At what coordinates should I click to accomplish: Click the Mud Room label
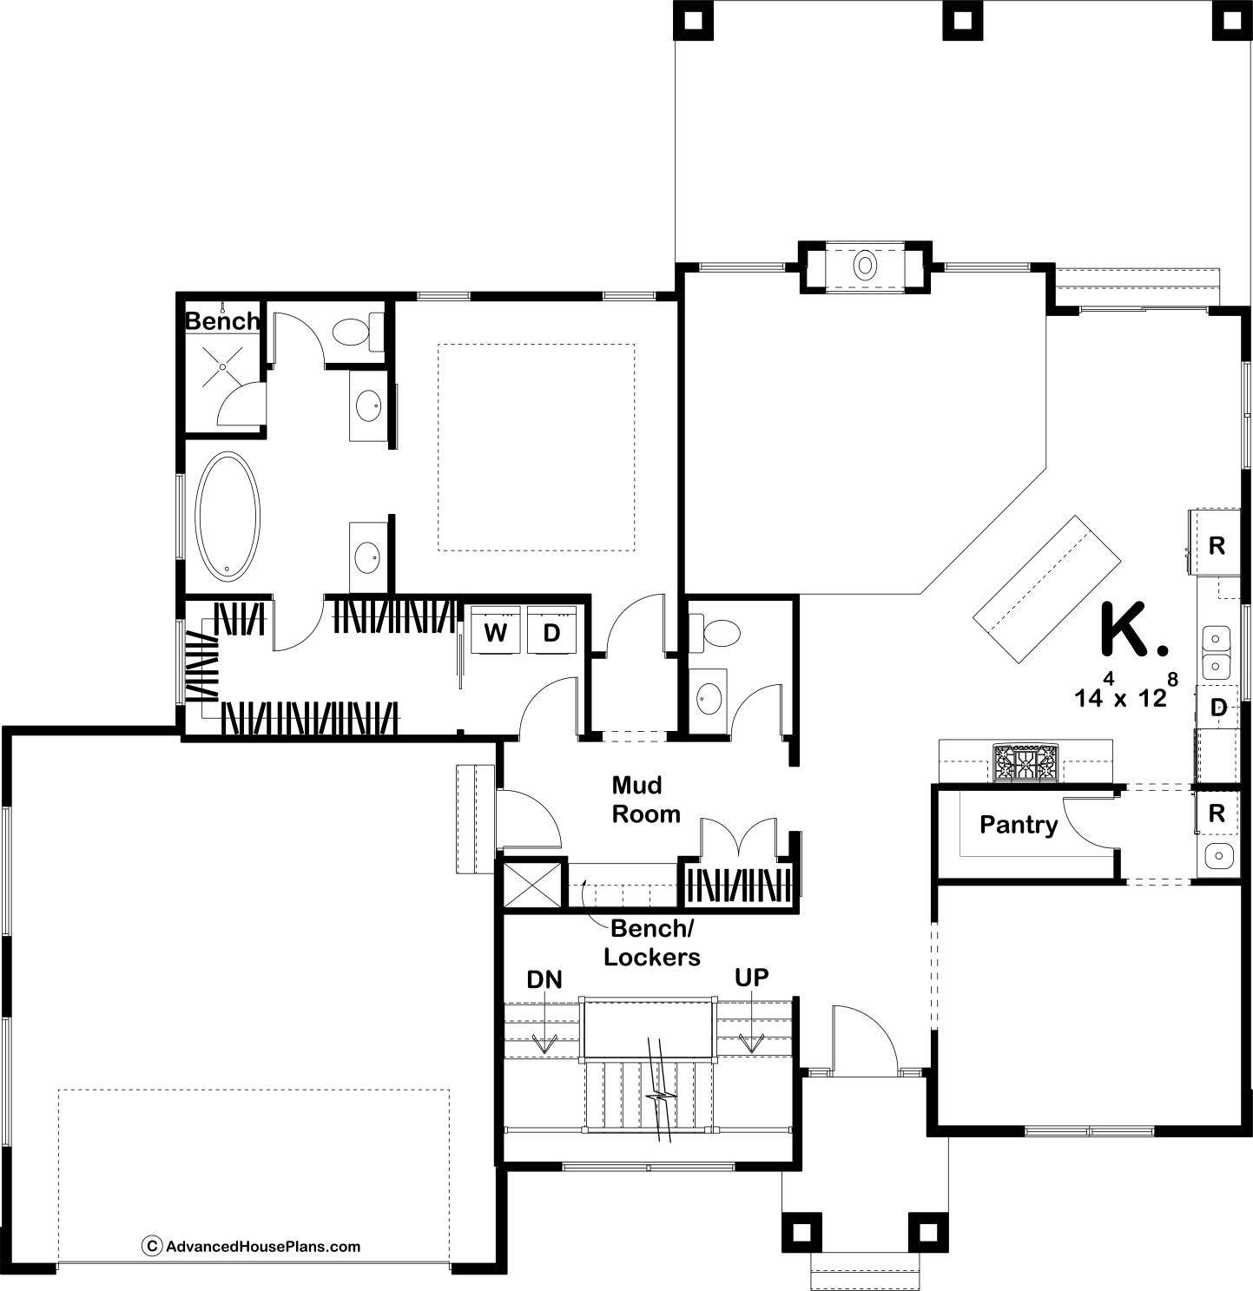[x=646, y=800]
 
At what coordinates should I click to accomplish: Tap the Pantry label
[x=1019, y=826]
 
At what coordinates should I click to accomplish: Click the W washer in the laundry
[x=495, y=631]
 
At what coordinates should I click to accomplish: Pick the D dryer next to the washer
[x=551, y=631]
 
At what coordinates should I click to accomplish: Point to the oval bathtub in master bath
[x=227, y=517]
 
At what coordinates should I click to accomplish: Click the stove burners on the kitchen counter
[x=1025, y=762]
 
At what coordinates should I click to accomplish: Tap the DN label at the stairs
[x=544, y=979]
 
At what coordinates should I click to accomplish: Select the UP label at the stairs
[x=751, y=977]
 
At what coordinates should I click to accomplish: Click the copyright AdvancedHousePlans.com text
[x=252, y=1247]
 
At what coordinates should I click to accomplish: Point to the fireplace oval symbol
[x=865, y=266]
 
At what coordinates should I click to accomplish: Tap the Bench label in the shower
[x=222, y=321]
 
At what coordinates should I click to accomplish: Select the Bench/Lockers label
[x=652, y=943]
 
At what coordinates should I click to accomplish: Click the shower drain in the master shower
[x=222, y=367]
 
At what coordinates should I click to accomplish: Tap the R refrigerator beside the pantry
[x=1217, y=813]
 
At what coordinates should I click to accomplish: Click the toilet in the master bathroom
[x=358, y=332]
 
